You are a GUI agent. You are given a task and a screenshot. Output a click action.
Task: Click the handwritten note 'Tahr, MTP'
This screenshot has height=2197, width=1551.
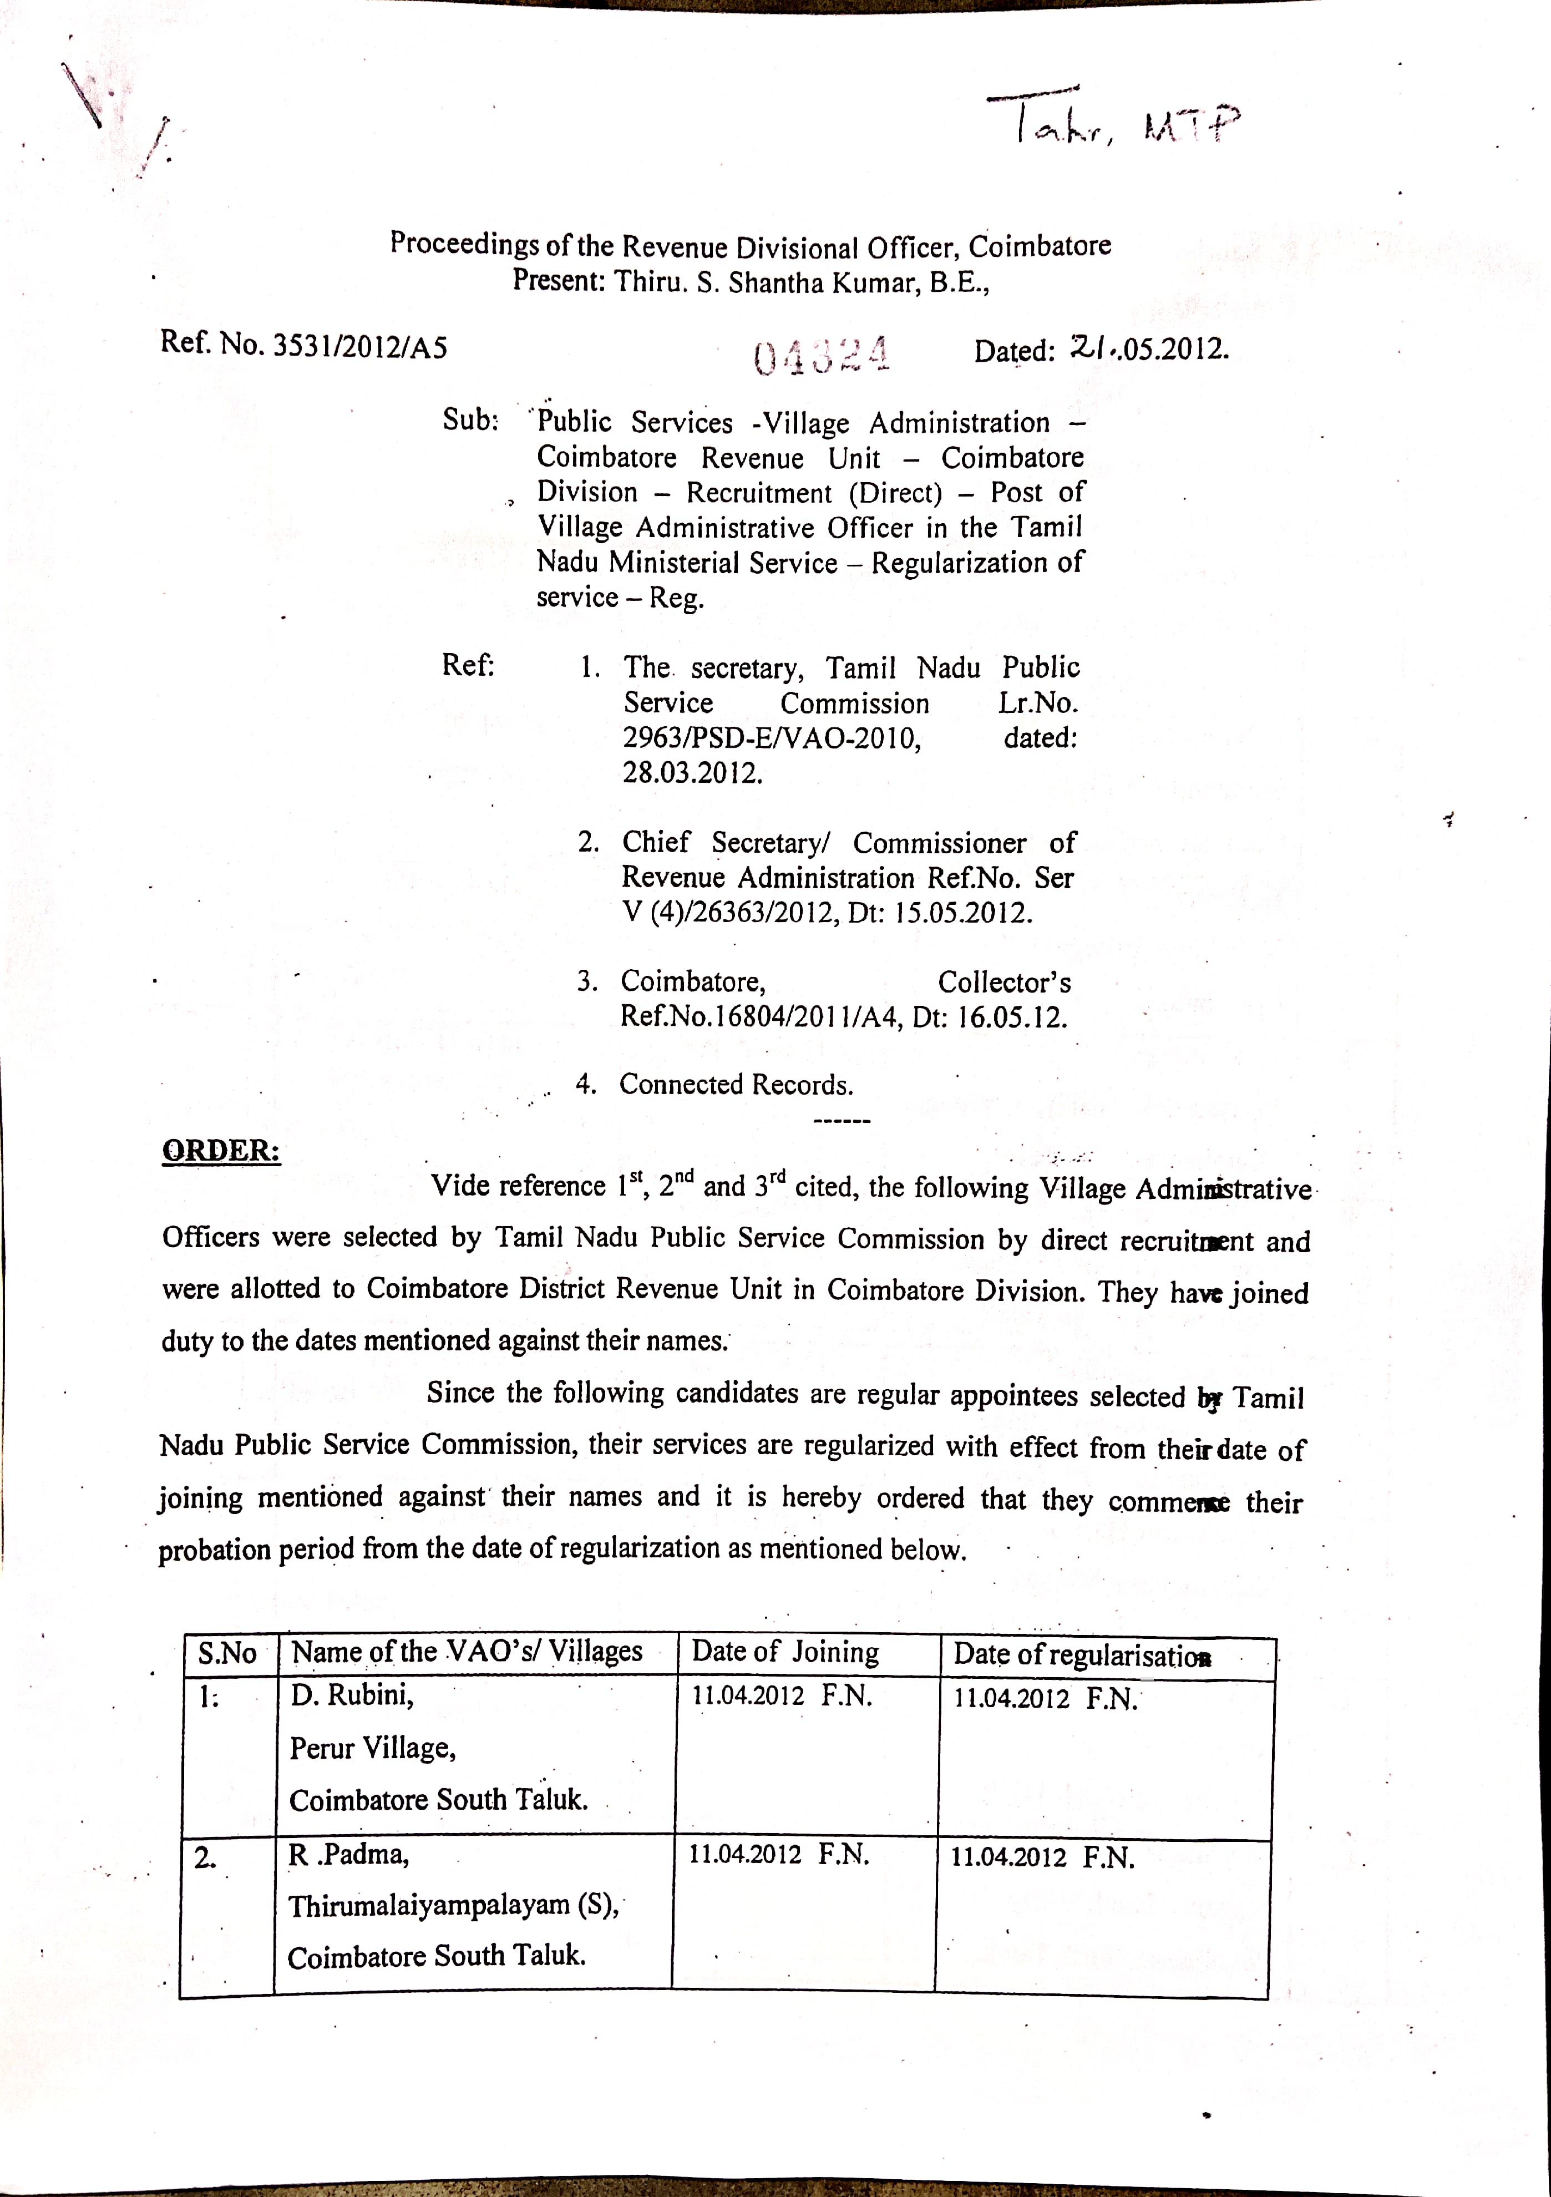point(1114,123)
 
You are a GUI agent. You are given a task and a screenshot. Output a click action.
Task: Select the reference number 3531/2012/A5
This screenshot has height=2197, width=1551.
point(360,346)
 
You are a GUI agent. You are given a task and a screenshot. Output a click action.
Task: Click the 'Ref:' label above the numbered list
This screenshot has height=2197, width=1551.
point(468,665)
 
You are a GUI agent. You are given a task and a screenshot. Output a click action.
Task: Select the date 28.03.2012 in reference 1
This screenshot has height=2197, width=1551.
point(693,772)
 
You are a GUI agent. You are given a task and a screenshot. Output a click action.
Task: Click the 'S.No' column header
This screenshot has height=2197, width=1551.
point(228,1653)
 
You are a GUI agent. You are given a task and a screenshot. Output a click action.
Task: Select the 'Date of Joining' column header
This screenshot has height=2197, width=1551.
point(784,1652)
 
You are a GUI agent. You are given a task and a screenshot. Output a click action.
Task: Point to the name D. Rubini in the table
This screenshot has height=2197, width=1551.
point(352,1695)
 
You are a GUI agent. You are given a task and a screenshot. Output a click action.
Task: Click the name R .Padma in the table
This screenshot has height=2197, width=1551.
point(348,1855)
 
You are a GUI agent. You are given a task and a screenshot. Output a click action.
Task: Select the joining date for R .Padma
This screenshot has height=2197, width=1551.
point(778,1855)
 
